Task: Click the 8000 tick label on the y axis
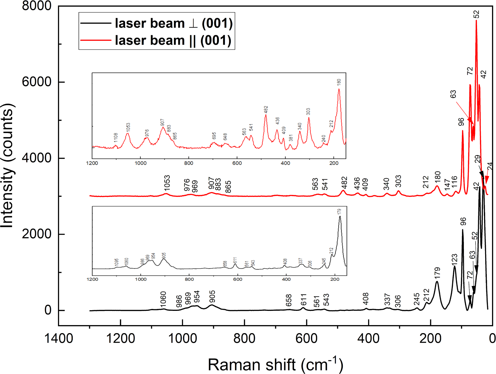(37, 6)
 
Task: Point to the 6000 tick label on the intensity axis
(37, 82)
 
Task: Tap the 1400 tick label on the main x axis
(59, 338)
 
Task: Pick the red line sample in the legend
(96, 40)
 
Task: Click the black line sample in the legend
(96, 23)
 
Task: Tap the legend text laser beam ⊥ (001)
(173, 23)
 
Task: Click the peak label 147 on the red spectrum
(447, 185)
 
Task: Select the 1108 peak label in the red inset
(116, 137)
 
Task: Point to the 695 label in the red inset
(214, 136)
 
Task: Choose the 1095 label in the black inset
(116, 262)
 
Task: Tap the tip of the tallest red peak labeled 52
(476, 21)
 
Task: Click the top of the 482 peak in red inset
(266, 115)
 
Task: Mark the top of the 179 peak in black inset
(340, 216)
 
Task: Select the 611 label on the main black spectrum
(303, 300)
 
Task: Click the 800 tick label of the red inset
(189, 163)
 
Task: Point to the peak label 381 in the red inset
(291, 138)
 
